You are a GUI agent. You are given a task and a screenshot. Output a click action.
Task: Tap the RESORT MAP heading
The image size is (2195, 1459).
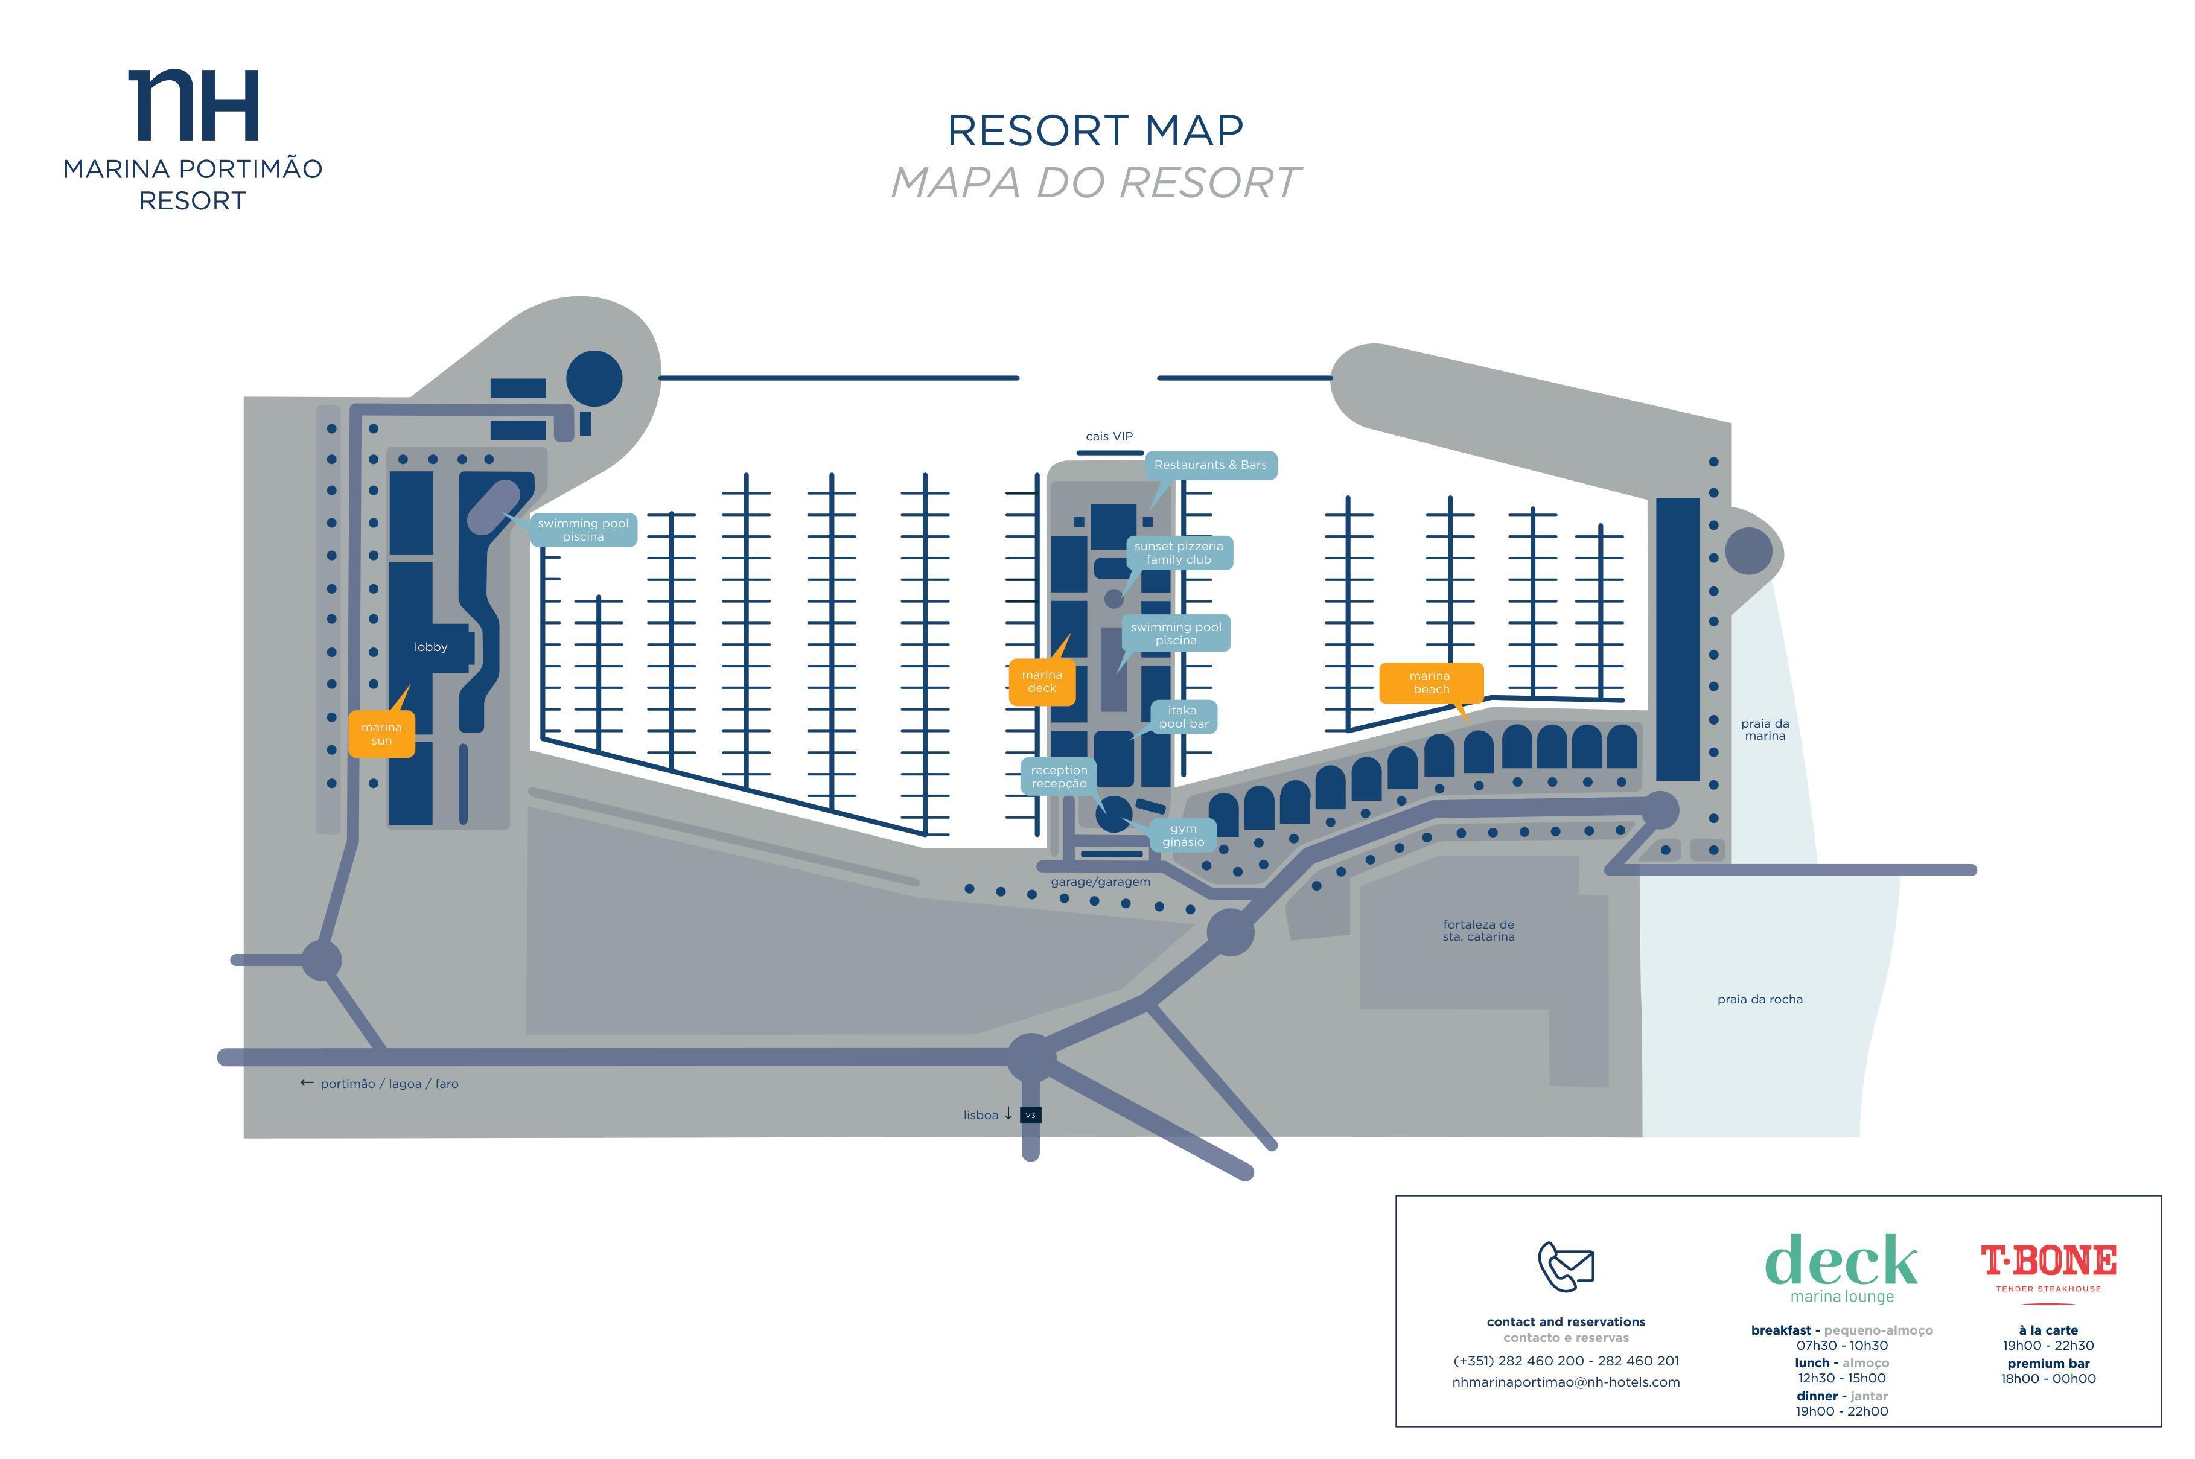pos(1095,131)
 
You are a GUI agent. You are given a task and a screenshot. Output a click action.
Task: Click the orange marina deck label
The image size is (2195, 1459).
pos(1042,681)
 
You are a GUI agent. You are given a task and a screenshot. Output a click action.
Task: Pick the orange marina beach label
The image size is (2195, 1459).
pos(1430,682)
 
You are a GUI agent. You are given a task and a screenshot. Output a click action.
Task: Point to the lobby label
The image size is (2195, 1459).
pos(431,647)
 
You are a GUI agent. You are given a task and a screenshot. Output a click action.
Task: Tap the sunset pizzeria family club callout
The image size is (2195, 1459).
pos(1179,553)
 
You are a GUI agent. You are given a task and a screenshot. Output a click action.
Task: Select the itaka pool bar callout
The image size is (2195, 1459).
pos(1184,716)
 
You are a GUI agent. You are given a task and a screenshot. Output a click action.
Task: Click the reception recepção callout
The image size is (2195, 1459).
pos(1059,776)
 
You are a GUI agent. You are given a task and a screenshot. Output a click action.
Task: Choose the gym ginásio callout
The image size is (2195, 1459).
pos(1183,834)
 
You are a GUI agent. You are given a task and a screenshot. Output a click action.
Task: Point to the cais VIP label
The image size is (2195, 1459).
pos(1109,436)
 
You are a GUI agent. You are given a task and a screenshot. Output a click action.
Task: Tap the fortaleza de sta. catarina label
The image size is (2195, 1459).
pos(1479,930)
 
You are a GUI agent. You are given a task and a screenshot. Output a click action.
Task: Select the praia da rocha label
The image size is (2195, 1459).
pos(1759,999)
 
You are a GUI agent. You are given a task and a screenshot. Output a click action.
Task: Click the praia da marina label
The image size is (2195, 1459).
pos(1765,729)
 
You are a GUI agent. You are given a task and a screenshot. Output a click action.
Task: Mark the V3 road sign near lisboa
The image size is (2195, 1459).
pos(1030,1114)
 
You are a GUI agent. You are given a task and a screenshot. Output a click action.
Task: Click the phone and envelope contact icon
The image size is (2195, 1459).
pos(1566,1267)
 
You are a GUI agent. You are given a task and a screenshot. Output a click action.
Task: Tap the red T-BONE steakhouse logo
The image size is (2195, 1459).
pos(2048,1267)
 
